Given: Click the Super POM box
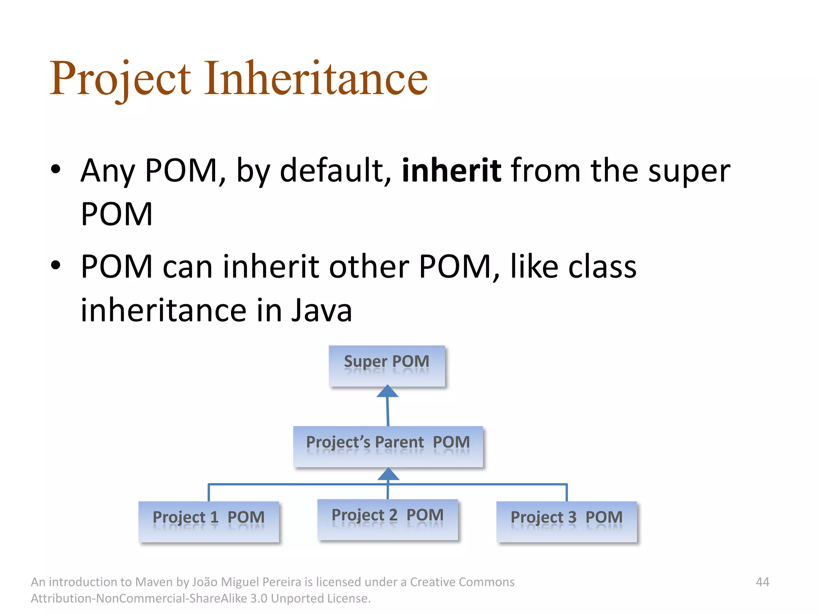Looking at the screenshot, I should (x=387, y=366).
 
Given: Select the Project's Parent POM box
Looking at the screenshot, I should (x=388, y=447).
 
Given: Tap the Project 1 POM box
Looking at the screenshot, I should (x=208, y=521).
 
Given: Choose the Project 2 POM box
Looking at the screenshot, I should (x=388, y=519).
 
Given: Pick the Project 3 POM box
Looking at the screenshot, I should (x=566, y=521).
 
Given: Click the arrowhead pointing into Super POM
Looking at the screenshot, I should (x=387, y=391).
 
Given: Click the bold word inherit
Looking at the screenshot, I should (x=451, y=171).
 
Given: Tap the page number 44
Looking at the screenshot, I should (x=762, y=582).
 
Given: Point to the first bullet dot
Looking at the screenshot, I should (x=56, y=169).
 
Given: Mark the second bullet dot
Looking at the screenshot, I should (x=56, y=265).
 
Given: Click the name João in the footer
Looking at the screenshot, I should (x=205, y=582).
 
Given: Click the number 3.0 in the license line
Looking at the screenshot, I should (x=258, y=598).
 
